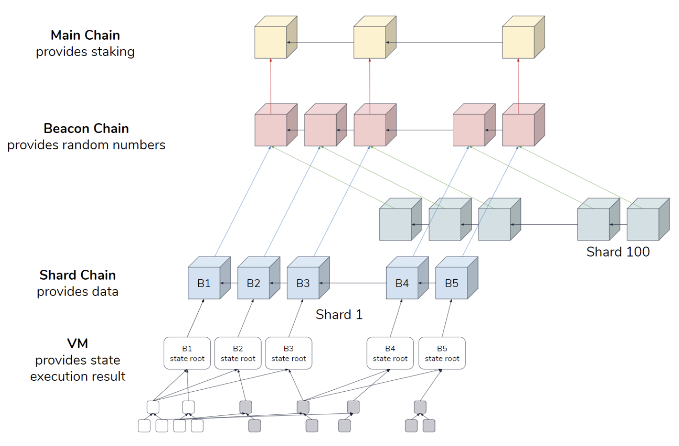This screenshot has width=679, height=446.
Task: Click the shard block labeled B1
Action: point(209,278)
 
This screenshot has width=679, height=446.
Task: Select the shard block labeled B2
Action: point(259,278)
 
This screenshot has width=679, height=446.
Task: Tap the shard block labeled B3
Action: point(308,278)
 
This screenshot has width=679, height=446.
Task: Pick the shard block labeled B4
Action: point(407,278)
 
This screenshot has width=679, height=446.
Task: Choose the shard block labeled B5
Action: point(457,278)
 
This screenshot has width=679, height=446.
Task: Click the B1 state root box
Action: point(187,353)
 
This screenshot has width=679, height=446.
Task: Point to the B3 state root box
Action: point(289,353)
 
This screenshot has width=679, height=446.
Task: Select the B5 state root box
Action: point(442,353)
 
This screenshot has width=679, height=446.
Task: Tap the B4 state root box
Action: point(390,353)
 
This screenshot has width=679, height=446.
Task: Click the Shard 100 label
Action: point(618,252)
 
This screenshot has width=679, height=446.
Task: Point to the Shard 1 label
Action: point(339,314)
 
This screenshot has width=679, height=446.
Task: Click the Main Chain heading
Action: point(85,35)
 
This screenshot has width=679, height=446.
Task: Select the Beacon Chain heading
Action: point(86,129)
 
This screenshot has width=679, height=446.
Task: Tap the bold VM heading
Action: point(77,343)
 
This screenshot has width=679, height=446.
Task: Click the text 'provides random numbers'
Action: point(86,145)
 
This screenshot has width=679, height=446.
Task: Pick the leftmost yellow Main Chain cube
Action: point(276,37)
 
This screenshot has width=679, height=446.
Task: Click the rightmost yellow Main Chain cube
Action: point(524,37)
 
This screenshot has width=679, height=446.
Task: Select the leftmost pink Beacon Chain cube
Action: point(276,125)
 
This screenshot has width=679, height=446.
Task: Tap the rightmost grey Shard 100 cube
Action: point(648,219)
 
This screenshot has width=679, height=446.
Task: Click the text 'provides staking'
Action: point(85,52)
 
